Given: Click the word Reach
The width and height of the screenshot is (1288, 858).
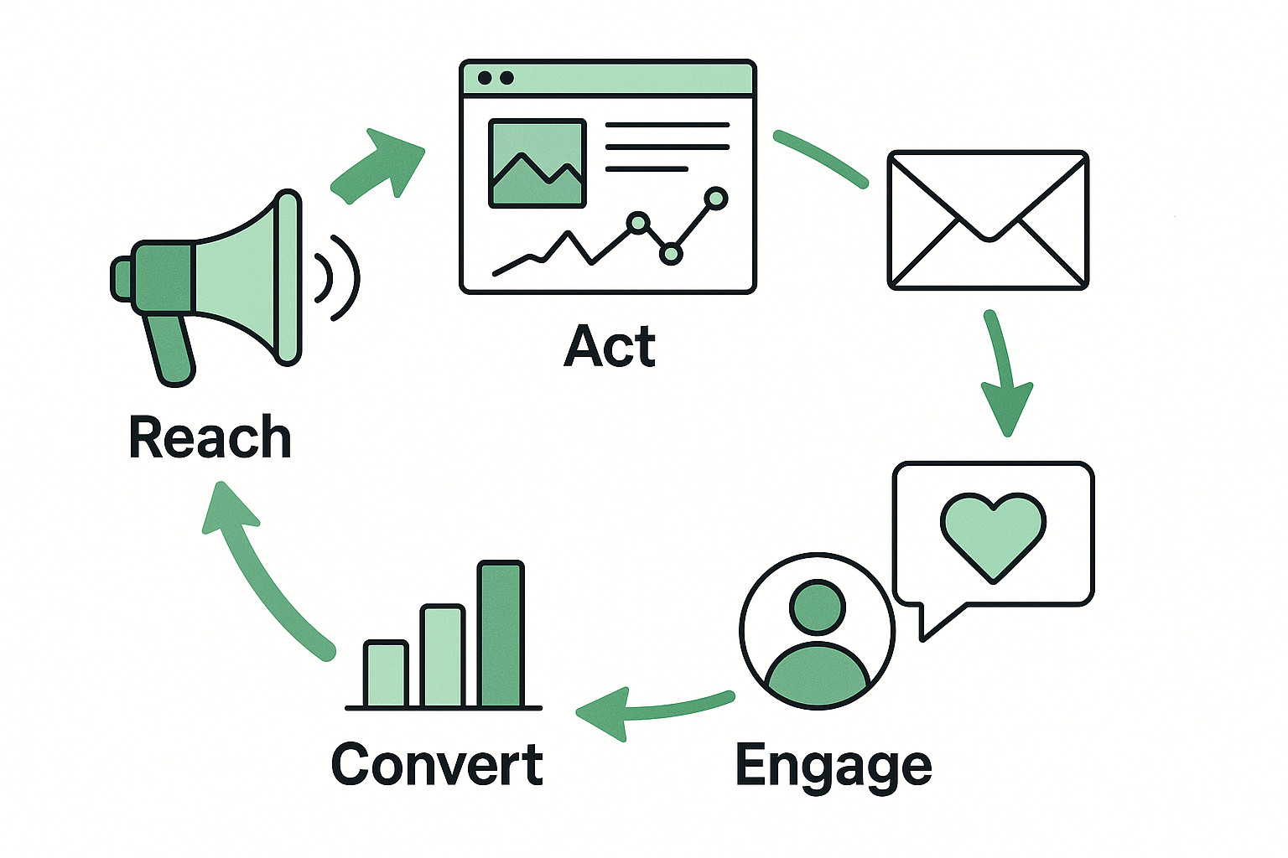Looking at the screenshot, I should (210, 437).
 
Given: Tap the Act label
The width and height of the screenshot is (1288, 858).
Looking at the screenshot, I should (610, 346).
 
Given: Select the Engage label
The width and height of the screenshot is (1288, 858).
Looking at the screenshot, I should (833, 765).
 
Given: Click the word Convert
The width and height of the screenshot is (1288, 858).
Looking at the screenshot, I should (437, 763).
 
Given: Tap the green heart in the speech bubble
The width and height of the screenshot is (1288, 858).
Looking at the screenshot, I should (994, 535).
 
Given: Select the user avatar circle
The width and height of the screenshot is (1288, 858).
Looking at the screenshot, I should (818, 631).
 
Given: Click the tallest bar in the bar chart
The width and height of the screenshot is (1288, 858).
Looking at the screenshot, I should (501, 634).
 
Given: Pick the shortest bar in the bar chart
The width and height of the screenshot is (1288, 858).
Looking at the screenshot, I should (386, 674).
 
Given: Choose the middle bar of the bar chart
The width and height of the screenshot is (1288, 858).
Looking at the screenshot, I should (443, 656).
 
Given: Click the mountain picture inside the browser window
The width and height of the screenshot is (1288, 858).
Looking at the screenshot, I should (537, 163).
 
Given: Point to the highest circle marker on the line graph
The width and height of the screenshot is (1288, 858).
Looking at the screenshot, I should (716, 199).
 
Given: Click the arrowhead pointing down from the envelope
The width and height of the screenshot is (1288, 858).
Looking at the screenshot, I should (1007, 407).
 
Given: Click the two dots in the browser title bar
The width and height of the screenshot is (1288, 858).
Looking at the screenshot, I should (495, 78).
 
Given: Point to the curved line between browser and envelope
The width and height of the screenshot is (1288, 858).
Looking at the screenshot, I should (820, 157).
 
